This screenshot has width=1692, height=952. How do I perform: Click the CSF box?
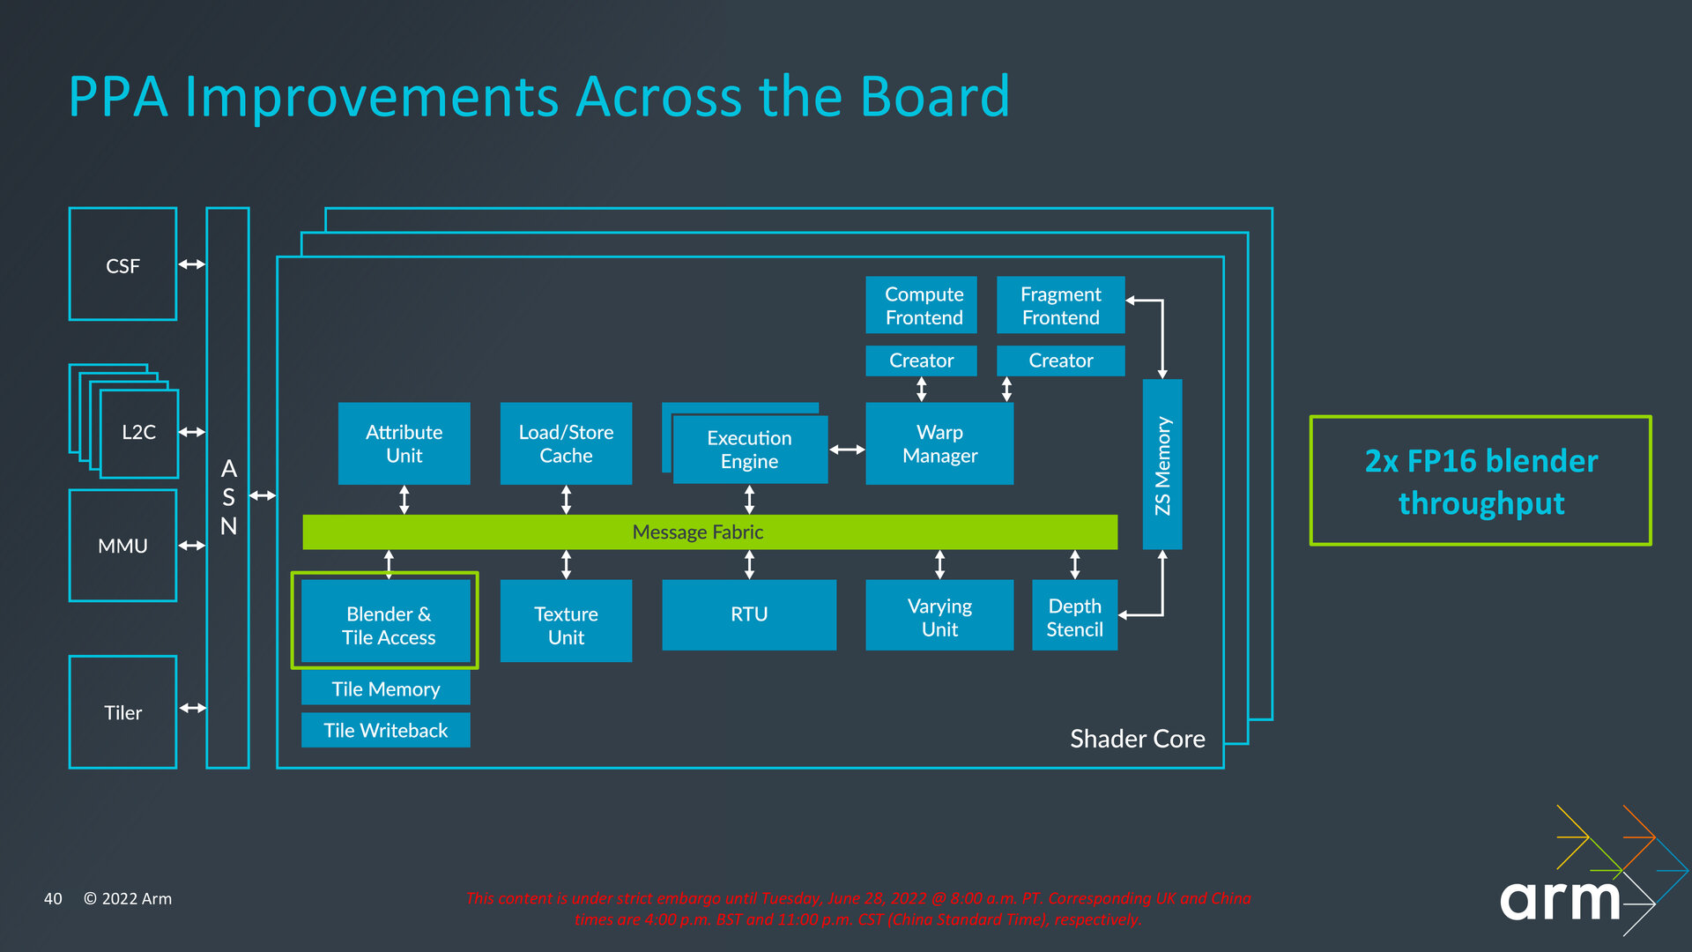click(x=122, y=264)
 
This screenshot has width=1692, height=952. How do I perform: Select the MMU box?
click(x=122, y=546)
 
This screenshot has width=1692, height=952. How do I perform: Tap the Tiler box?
click(x=122, y=712)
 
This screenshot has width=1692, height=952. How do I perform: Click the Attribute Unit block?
click(x=404, y=443)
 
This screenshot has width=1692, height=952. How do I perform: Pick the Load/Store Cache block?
click(x=566, y=443)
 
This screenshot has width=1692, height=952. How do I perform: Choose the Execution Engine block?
click(x=750, y=450)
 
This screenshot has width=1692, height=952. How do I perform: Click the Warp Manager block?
click(x=939, y=443)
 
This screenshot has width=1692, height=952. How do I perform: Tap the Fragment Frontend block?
click(x=1060, y=305)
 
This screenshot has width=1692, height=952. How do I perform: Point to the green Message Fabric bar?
click(x=710, y=532)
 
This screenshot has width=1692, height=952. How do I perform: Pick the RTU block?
click(x=749, y=614)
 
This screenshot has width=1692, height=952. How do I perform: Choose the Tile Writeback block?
click(x=385, y=730)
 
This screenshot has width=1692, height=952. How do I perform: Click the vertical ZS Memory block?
click(x=1162, y=465)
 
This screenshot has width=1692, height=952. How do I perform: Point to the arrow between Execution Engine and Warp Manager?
click(x=847, y=450)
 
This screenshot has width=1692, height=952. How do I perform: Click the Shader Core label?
click(x=1137, y=739)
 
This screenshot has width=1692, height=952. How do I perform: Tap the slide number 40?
click(x=53, y=898)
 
